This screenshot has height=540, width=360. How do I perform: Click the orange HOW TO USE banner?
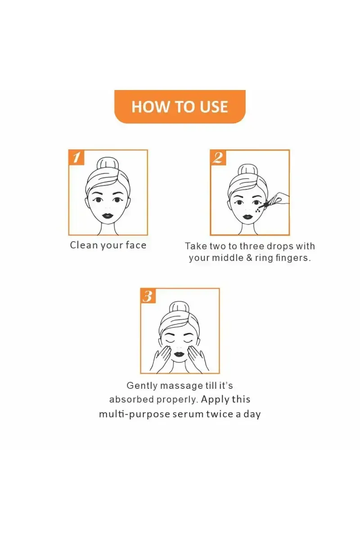(180, 106)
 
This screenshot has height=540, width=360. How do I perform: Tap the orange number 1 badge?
(76, 157)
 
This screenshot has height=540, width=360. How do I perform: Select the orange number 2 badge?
(218, 157)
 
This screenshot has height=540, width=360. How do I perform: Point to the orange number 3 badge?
(148, 296)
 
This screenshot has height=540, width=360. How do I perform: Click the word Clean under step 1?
(84, 245)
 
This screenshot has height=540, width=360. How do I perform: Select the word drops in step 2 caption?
(275, 246)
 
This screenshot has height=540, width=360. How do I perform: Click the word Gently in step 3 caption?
(142, 386)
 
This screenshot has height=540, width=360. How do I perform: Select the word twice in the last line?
(220, 414)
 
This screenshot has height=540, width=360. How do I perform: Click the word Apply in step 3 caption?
(215, 400)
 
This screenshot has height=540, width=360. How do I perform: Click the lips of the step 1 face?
(107, 215)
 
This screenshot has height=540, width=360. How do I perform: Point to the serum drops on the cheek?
(259, 208)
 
